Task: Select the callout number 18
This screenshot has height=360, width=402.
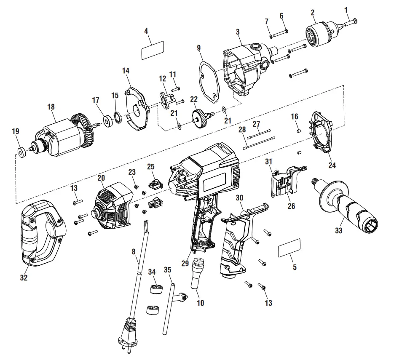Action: tap(51, 107)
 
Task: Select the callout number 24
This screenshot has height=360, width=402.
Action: tap(332, 165)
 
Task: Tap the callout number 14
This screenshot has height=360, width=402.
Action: tap(126, 71)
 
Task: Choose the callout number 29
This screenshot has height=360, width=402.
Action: tap(184, 263)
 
